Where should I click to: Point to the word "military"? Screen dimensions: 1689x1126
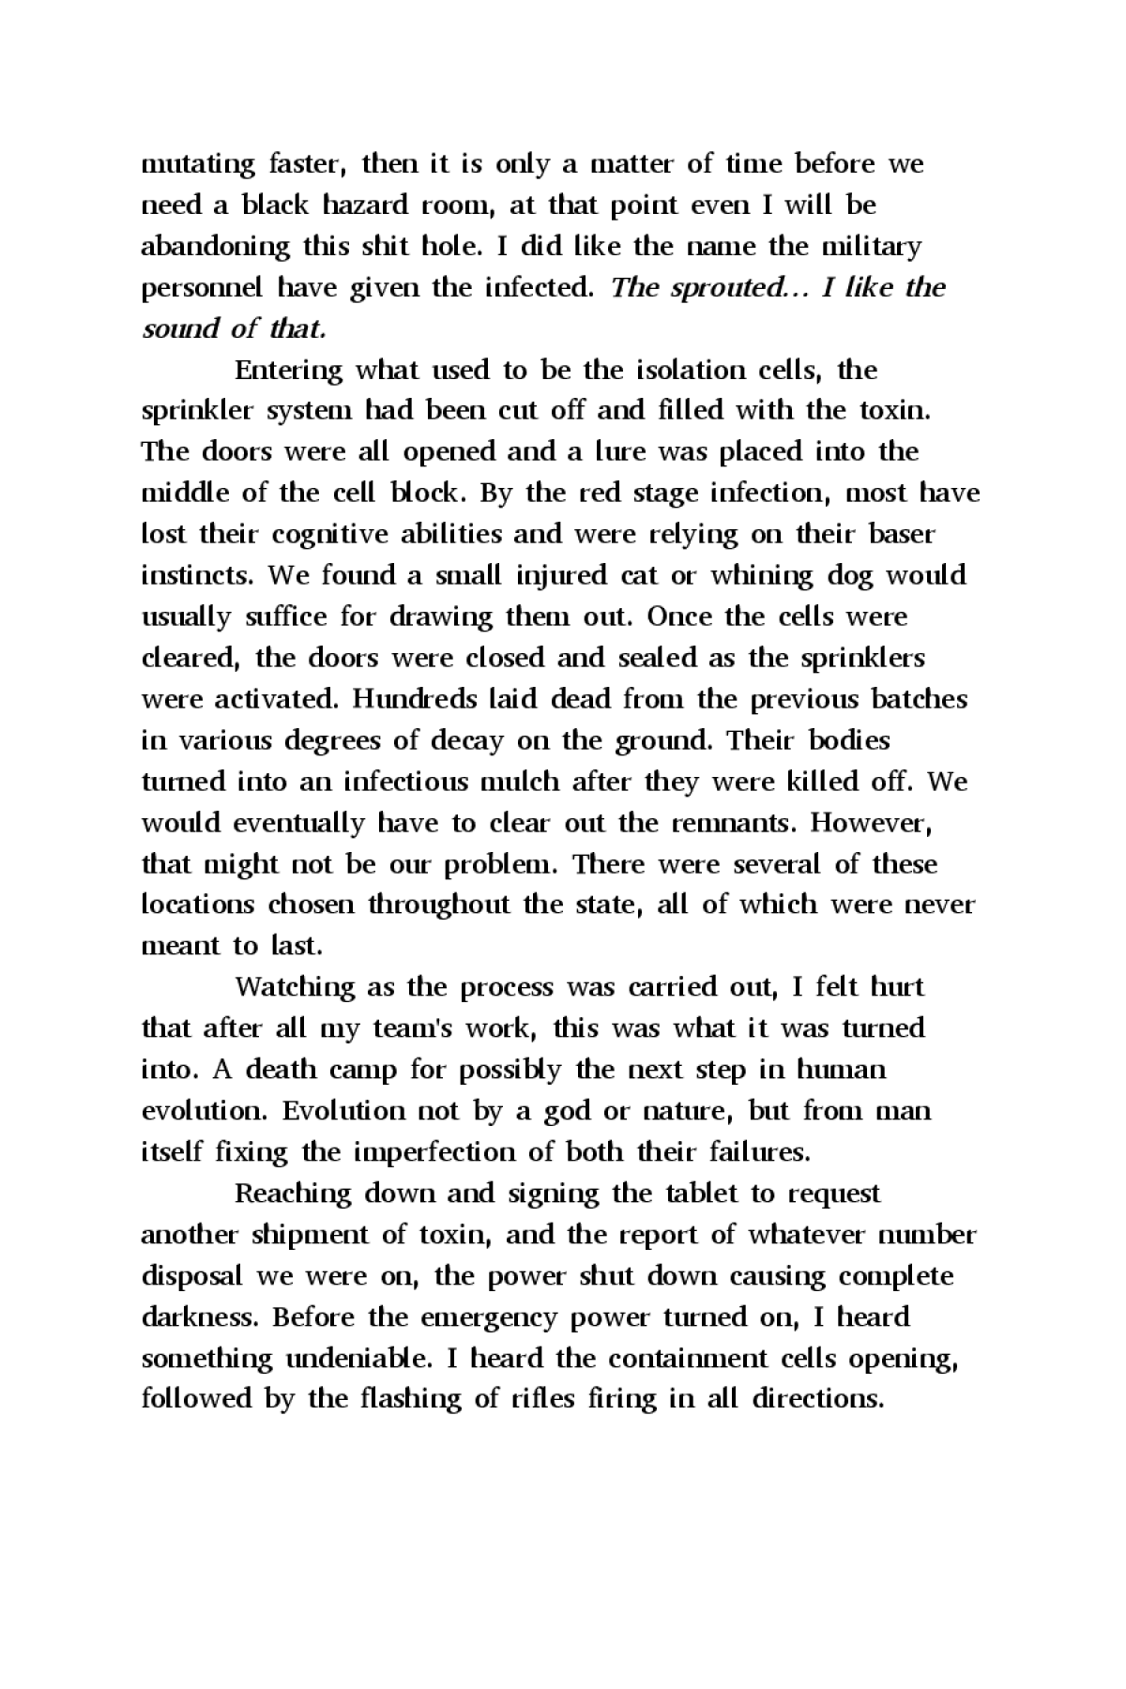872,247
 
